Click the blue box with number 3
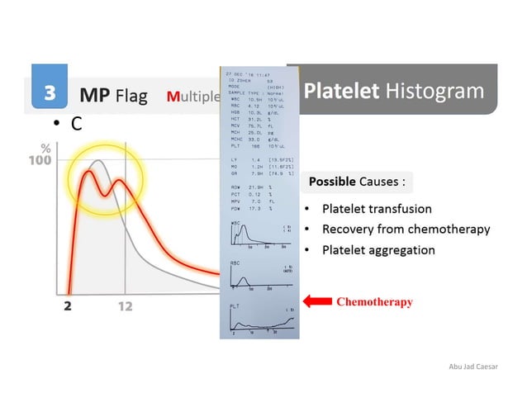[x=50, y=93]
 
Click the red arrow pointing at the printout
[x=317, y=302]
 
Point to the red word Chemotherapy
[x=374, y=302]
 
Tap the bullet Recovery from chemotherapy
[x=406, y=229]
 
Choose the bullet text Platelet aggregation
[x=378, y=249]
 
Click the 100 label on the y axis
[x=40, y=160]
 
